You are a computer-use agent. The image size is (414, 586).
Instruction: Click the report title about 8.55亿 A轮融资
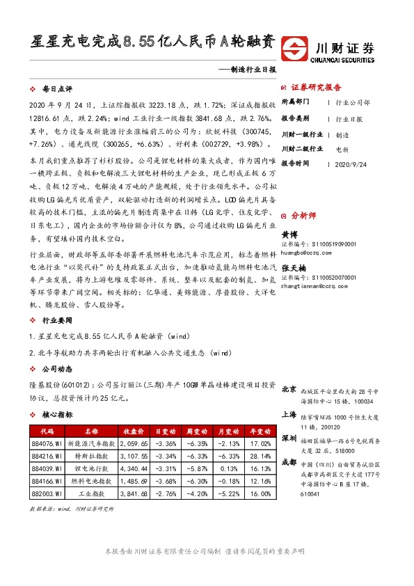152,42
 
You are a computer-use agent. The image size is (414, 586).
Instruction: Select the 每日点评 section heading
56,90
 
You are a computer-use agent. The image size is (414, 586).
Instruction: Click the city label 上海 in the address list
289,414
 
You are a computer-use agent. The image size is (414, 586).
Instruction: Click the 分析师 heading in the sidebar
303,216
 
